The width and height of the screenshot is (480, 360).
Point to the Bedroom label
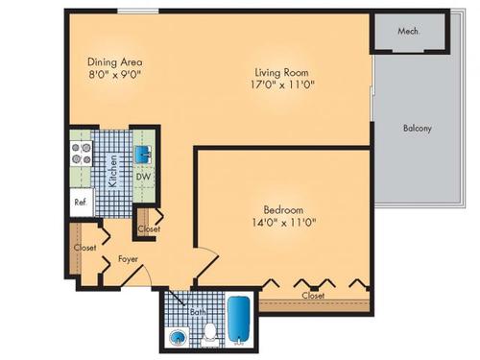point(284,210)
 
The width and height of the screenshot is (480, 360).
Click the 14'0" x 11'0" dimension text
point(284,224)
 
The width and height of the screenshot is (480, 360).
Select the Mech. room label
point(410,32)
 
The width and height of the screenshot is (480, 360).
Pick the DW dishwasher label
point(142,178)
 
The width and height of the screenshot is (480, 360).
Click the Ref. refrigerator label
point(80,203)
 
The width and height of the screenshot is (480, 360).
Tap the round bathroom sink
point(178,337)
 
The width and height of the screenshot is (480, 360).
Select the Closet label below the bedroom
point(313,296)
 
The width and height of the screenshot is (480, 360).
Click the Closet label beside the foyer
point(85,248)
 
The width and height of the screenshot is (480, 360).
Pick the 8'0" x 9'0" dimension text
point(116,74)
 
